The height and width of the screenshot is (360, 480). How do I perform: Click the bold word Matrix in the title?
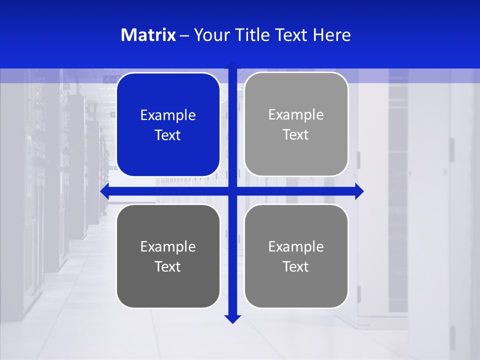click(148, 35)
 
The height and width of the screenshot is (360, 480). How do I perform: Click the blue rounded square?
click(168, 124)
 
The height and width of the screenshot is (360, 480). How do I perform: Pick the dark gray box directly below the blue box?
click(168, 256)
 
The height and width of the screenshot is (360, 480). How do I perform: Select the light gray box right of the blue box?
click(296, 124)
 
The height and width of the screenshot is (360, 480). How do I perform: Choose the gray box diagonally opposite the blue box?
click(296, 256)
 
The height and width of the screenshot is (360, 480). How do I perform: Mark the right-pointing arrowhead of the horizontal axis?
click(359, 191)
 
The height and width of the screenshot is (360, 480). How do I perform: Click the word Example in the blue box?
click(168, 115)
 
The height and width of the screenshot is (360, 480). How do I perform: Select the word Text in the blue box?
click(168, 135)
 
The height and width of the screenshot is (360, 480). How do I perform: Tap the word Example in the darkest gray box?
click(168, 247)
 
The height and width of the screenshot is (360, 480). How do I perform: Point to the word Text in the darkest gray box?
click(168, 267)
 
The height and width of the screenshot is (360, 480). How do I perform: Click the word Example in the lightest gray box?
click(296, 115)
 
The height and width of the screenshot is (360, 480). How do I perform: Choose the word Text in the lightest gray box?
click(296, 135)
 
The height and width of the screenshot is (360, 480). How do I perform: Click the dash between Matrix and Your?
click(184, 35)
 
